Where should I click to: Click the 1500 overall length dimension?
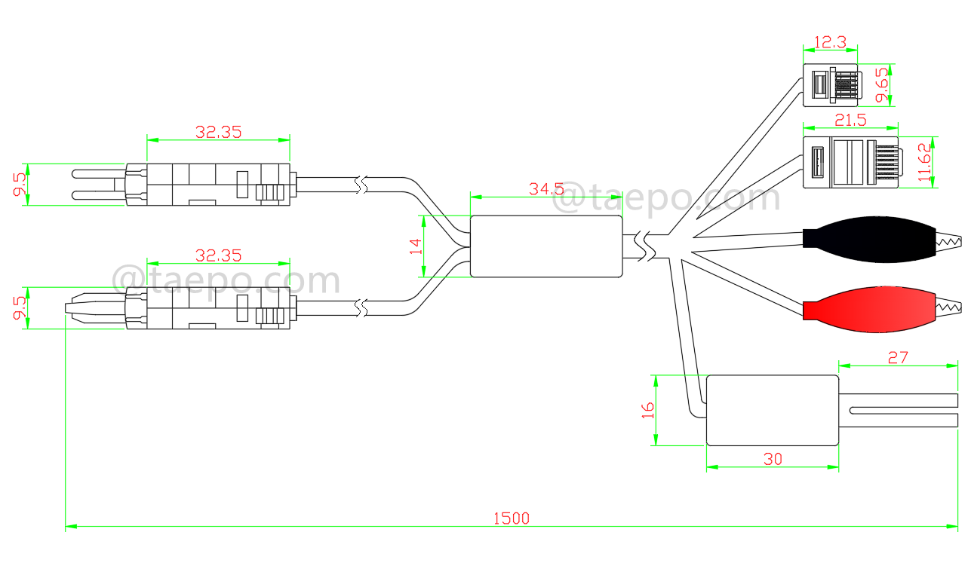[512, 518]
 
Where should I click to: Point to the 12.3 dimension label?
[830, 42]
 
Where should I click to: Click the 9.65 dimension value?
[880, 85]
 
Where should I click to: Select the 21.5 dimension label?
[850, 119]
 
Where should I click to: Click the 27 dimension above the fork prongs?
[898, 357]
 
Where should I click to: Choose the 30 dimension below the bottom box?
[773, 458]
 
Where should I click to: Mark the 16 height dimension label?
[647, 411]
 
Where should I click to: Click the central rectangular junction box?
[547, 246]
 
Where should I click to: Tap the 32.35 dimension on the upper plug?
[218, 132]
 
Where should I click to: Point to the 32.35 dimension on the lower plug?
[218, 255]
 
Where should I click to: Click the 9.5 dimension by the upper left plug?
[19, 184]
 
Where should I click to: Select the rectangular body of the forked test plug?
[772, 410]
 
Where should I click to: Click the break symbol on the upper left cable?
[362, 184]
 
